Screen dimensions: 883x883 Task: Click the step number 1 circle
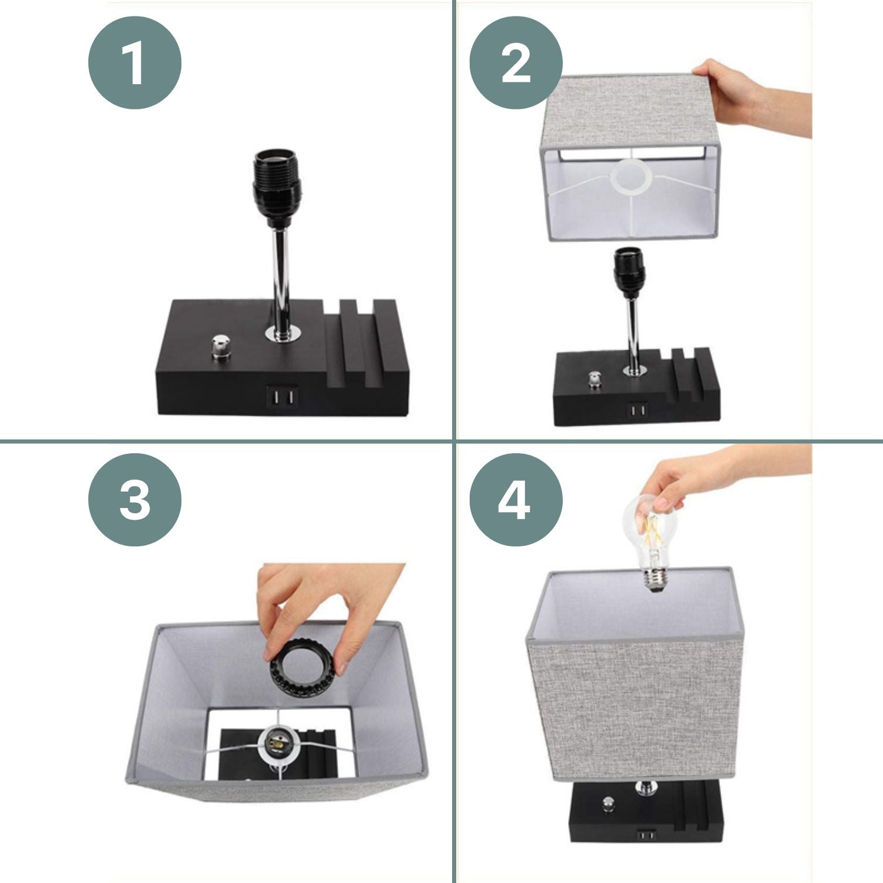pyautogui.click(x=135, y=62)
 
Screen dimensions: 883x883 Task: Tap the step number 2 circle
pyautogui.click(x=516, y=62)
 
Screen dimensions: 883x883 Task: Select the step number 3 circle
pyautogui.click(x=135, y=500)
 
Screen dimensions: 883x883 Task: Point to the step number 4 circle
pyautogui.click(x=516, y=500)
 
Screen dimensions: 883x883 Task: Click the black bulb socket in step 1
pyautogui.click(x=277, y=187)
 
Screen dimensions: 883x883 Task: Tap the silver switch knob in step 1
pyautogui.click(x=221, y=347)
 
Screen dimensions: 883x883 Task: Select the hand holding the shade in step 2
pyautogui.click(x=753, y=97)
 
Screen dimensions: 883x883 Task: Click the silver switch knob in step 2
pyautogui.click(x=596, y=380)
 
